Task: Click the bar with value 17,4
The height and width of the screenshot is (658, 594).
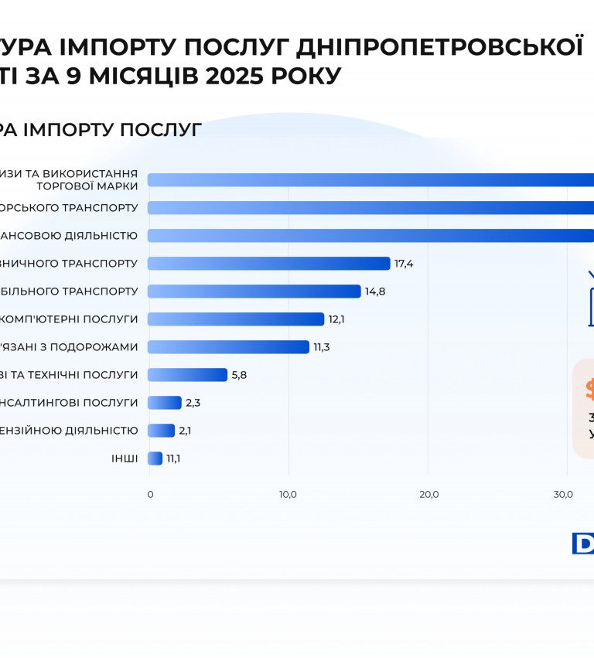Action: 268,264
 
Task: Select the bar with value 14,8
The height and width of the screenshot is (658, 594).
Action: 254,291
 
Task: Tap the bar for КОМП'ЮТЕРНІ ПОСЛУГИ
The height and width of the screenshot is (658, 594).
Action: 235,319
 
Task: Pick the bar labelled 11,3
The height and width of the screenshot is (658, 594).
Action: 228,347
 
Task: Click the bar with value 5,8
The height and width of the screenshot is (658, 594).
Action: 187,375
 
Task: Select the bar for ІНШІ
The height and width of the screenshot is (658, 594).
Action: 155,459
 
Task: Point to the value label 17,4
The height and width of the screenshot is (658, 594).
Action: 404,264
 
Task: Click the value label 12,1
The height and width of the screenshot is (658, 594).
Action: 337,319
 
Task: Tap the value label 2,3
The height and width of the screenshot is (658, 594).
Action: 193,403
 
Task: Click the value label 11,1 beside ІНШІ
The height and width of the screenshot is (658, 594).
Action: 174,459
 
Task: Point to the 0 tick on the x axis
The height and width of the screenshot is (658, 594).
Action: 150,494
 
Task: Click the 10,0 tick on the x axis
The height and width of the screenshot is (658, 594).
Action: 288,494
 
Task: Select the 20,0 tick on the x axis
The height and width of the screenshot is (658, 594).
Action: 428,494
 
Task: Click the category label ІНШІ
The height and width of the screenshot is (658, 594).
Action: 125,459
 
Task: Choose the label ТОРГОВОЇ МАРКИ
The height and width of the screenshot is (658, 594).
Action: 87,186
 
